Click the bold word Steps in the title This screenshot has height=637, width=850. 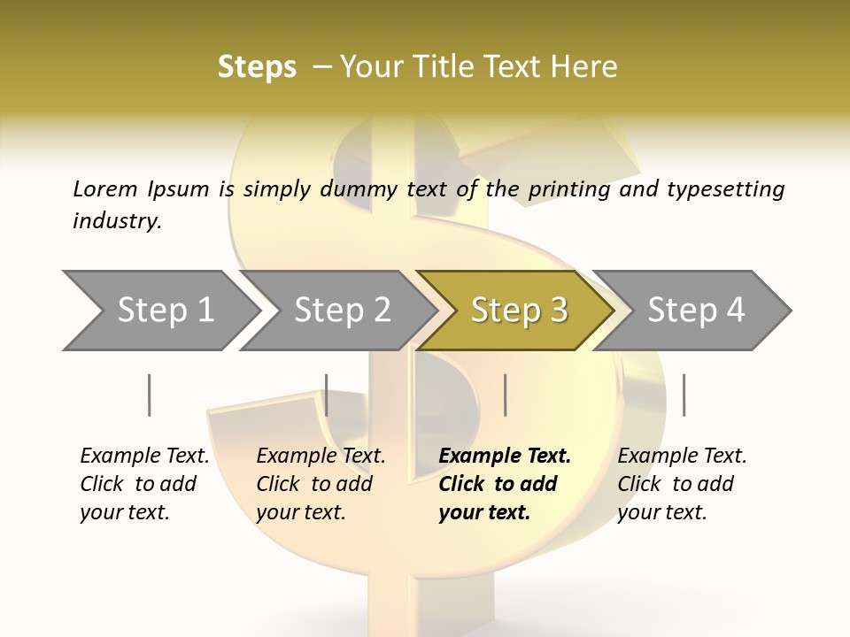(257, 67)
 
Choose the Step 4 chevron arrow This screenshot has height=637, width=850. (696, 310)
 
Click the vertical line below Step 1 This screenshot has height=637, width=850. (150, 395)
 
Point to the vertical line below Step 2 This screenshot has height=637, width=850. (327, 395)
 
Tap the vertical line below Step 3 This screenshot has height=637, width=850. (506, 395)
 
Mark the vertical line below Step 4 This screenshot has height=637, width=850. (684, 395)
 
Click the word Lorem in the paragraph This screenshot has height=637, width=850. (105, 188)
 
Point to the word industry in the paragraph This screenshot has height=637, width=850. (117, 220)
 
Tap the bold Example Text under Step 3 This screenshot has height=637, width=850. (505, 456)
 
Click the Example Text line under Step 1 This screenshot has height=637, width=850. (144, 456)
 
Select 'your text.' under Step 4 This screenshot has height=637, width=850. (661, 512)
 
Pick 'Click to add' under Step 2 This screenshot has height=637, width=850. (314, 484)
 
